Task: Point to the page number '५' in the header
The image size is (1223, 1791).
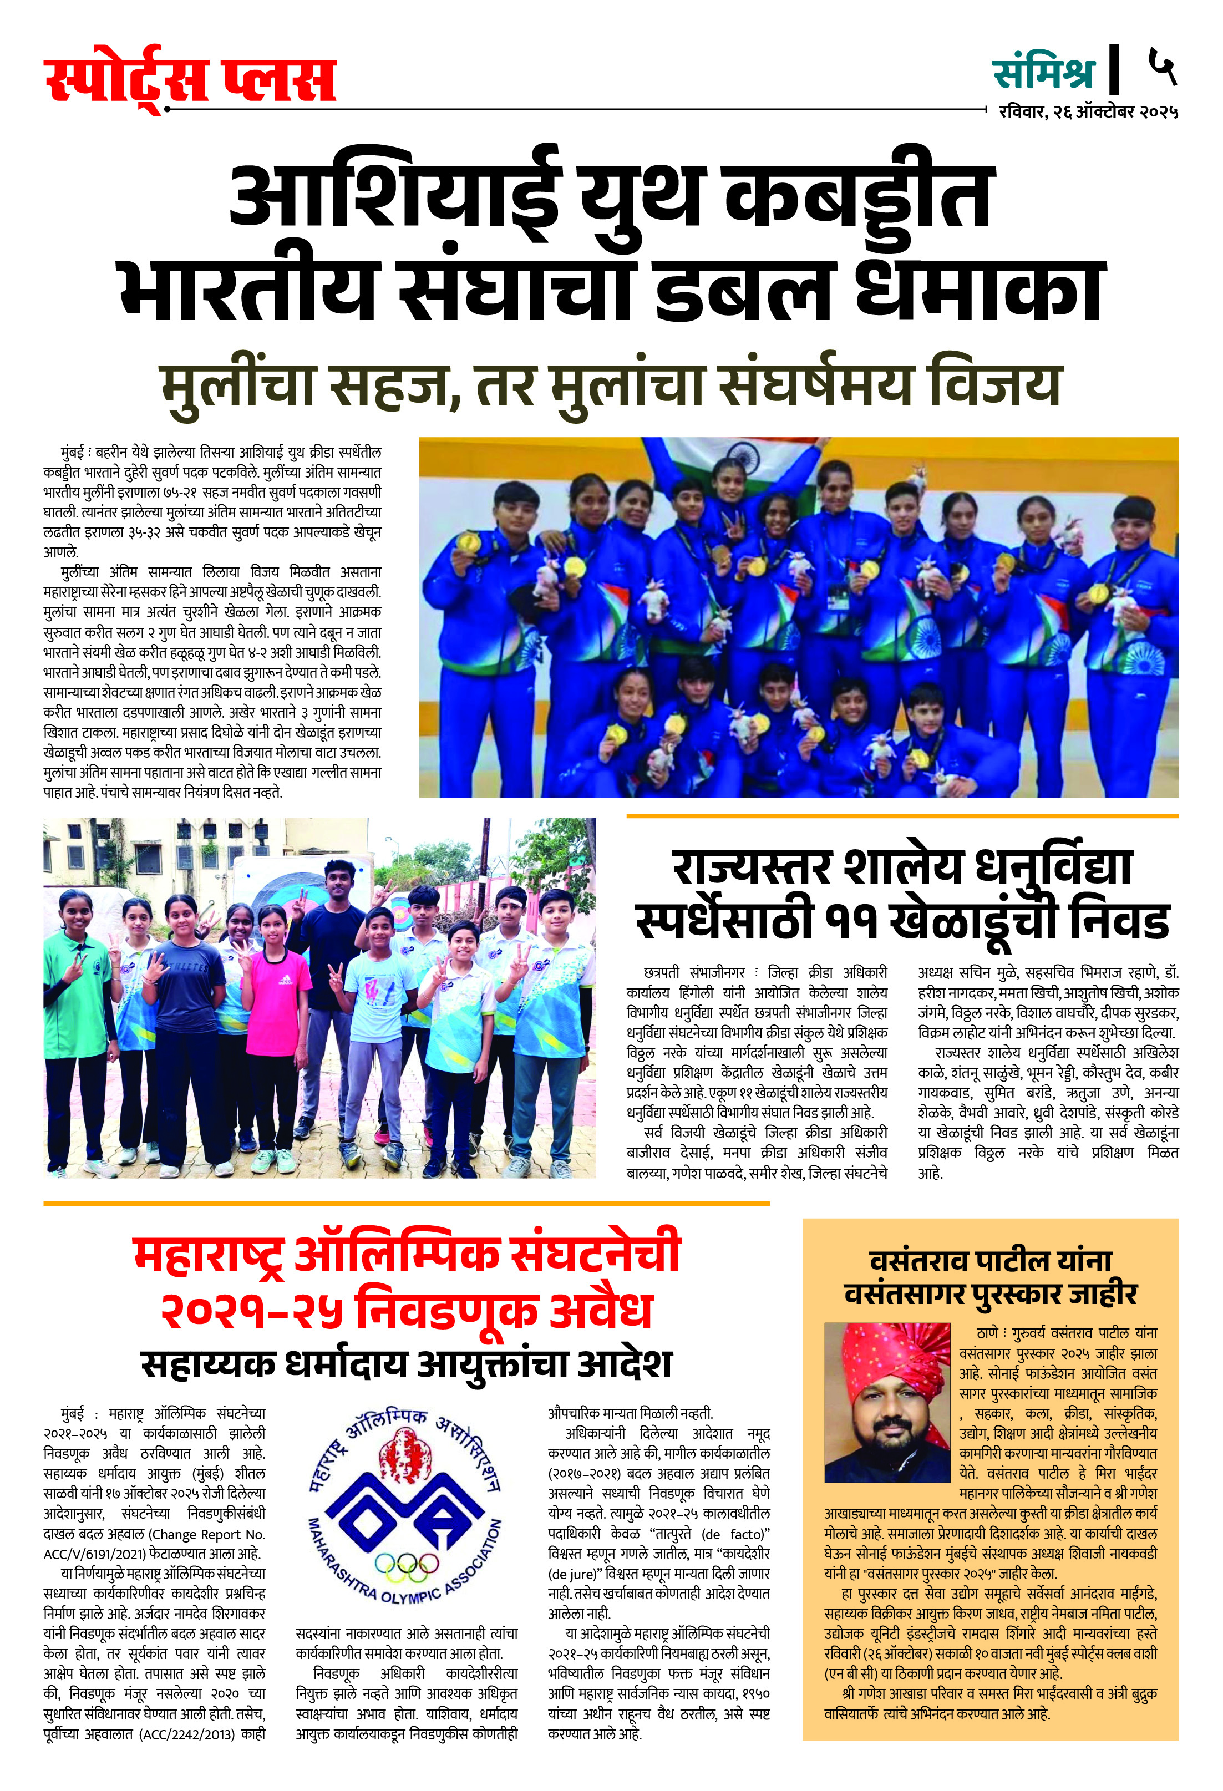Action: [x=1162, y=67]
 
